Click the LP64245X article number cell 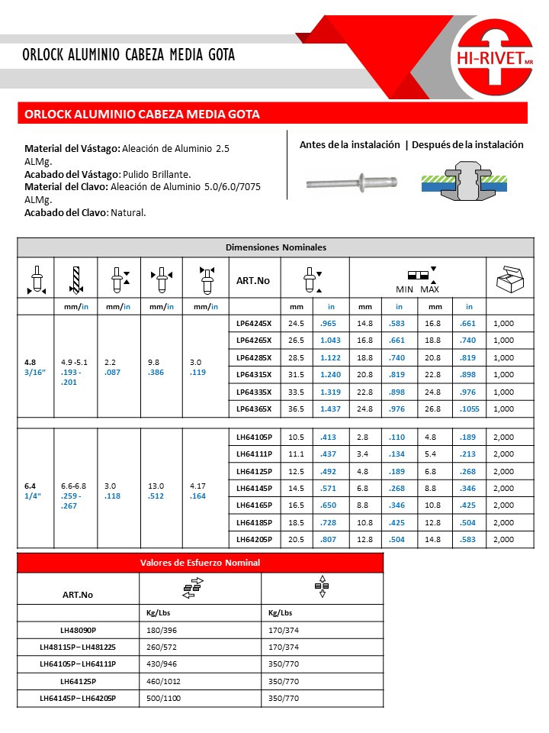click(255, 323)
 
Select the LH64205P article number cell click(255, 539)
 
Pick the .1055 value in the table click(467, 408)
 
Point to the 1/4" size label click(34, 496)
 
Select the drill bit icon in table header click(75, 279)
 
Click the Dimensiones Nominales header click(275, 247)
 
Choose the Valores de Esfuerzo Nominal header click(200, 563)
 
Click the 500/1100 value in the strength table click(165, 699)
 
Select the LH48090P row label click(78, 630)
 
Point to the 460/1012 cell click(164, 681)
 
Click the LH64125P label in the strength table click(78, 681)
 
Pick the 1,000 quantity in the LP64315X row click(504, 374)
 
